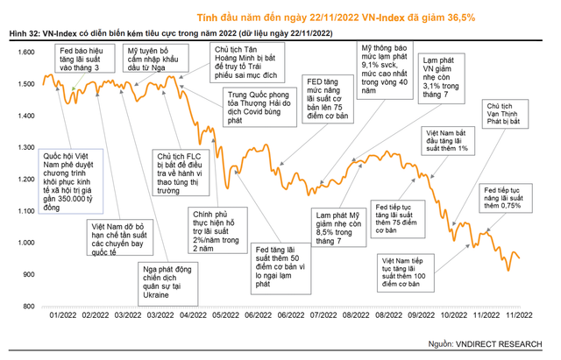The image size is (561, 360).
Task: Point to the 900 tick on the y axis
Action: [x=26, y=274]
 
